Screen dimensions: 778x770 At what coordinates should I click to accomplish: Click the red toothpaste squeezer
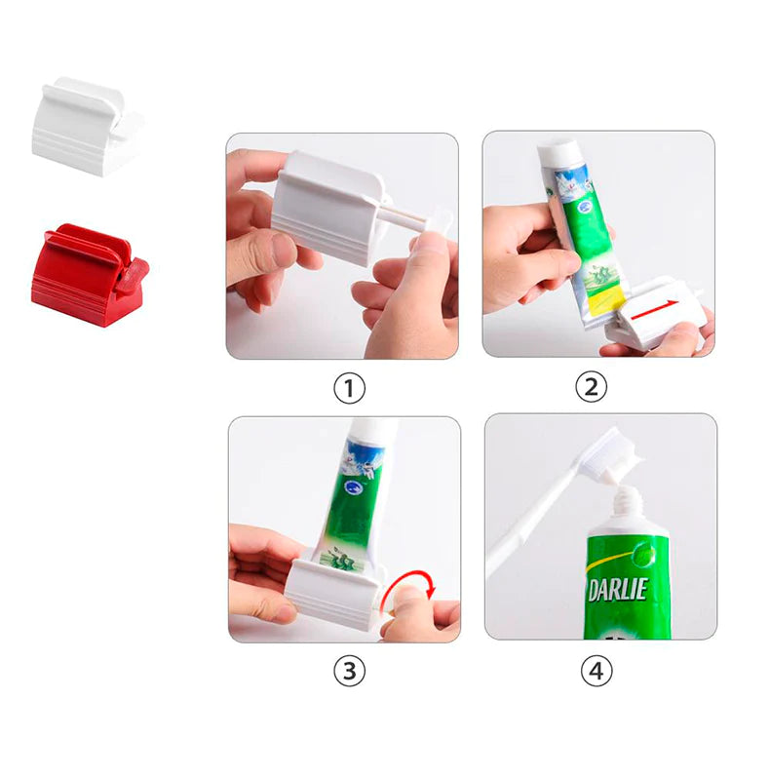83,275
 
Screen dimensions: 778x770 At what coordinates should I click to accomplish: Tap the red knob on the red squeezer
131,276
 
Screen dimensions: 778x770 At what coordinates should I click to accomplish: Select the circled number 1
349,389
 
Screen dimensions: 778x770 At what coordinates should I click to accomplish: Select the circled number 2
591,387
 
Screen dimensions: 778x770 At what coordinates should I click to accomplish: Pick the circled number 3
349,671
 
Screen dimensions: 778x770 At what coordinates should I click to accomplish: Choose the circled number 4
597,671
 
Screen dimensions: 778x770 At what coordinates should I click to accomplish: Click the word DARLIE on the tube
616,589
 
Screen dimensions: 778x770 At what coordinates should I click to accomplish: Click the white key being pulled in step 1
432,222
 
